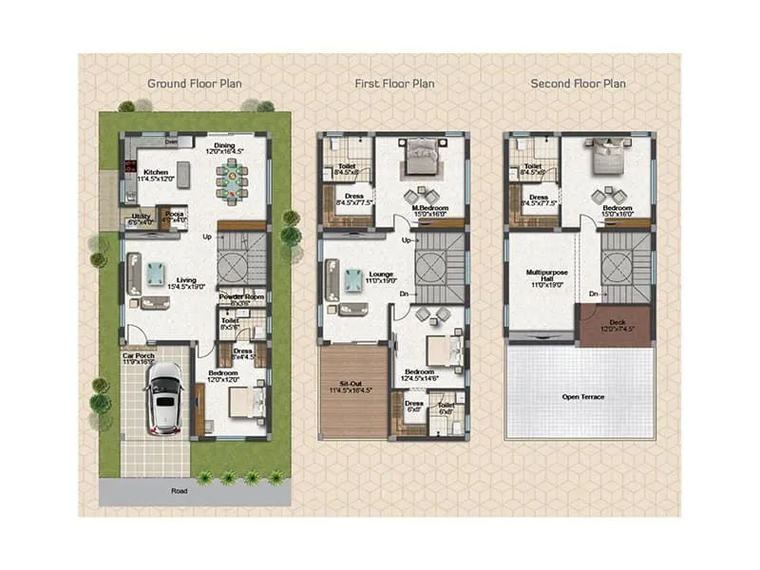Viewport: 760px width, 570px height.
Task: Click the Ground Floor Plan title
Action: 194,84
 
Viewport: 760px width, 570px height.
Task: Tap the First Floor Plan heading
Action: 394,84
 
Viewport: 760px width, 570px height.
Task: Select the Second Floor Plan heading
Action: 578,84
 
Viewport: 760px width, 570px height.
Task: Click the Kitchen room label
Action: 157,173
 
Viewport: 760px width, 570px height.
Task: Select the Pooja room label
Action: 176,215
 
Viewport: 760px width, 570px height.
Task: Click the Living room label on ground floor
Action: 186,280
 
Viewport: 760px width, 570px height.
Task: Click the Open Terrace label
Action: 583,397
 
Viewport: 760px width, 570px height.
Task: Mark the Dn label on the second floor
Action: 593,294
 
